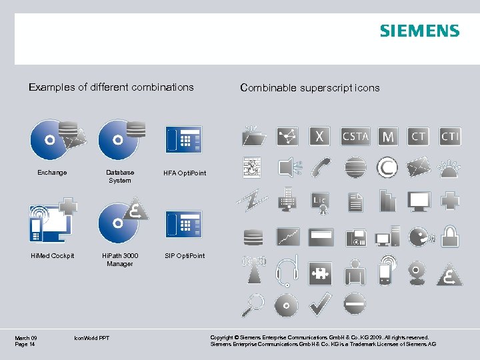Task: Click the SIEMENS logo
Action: (419, 31)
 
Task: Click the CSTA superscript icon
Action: (355, 136)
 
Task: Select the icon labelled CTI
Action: (451, 136)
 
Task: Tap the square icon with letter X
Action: (321, 136)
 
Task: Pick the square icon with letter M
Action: (388, 136)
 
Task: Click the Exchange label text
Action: (52, 173)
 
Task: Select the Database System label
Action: (120, 177)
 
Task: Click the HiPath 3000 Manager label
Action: (120, 260)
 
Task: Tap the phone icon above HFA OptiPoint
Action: (184, 140)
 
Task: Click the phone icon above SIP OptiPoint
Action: (184, 224)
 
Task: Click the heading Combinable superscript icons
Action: (310, 87)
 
